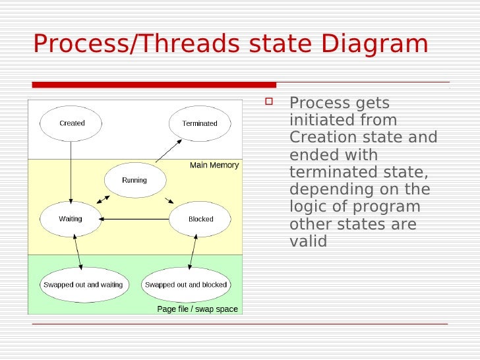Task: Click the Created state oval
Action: tap(71, 123)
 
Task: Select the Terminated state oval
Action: tap(200, 123)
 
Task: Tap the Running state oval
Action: tap(135, 180)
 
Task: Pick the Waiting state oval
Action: tap(71, 219)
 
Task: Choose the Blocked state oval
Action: tap(200, 219)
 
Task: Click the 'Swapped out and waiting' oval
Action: tap(83, 285)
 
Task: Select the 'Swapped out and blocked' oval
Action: tap(185, 285)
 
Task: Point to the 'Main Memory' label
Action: tap(214, 165)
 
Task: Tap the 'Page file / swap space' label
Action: tap(197, 309)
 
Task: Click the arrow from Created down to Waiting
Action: tap(71, 171)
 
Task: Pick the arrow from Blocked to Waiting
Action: tap(135, 219)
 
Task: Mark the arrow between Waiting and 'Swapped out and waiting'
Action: tap(78, 251)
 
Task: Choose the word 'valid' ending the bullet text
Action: tap(308, 241)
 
